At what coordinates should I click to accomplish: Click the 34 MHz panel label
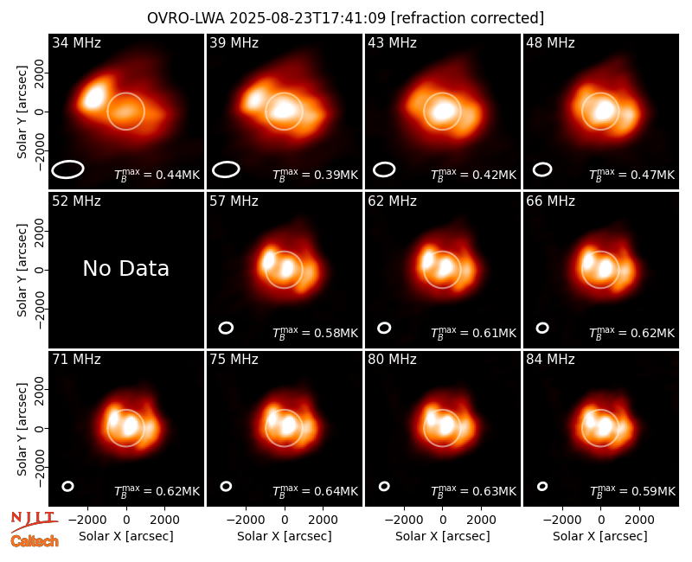76,42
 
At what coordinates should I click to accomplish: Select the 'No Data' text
125,268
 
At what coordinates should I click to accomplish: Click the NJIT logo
34,520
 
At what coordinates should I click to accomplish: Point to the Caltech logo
35,541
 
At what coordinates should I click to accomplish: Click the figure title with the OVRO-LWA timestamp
345,18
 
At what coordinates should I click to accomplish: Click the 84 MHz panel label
550,360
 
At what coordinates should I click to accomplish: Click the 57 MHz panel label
234,201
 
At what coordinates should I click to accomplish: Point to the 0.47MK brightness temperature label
632,175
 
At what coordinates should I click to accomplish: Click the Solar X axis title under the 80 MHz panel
442,536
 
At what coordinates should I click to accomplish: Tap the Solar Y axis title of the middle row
22,270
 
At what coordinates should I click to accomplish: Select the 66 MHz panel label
550,201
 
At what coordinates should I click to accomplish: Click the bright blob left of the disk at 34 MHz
93,96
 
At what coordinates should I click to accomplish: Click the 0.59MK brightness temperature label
632,491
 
